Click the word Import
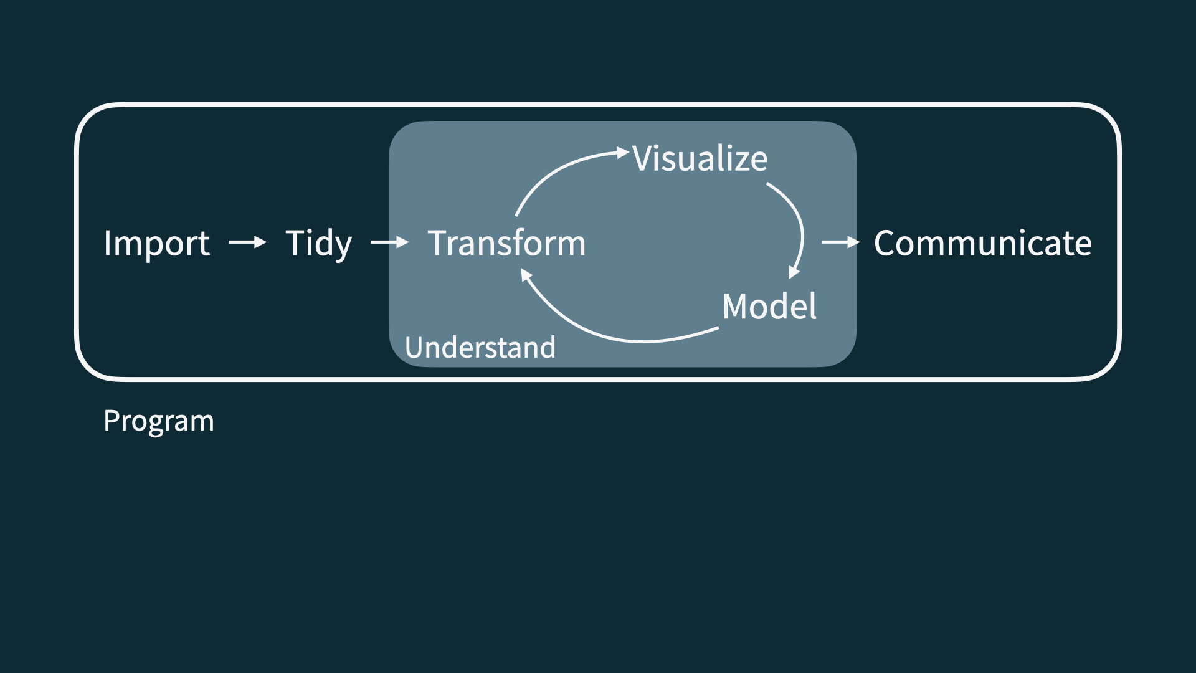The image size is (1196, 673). [156, 243]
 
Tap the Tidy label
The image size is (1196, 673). [318, 243]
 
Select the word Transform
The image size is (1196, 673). [506, 243]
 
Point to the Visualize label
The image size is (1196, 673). [700, 158]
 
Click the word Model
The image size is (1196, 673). [769, 306]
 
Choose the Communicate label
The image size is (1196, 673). [982, 243]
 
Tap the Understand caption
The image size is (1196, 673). [480, 347]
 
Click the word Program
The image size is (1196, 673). [159, 421]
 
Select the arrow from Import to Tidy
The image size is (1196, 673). [247, 242]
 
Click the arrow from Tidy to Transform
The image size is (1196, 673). [389, 242]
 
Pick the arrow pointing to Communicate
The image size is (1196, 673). [840, 242]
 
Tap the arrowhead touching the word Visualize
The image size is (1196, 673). [622, 152]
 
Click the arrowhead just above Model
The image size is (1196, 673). [794, 272]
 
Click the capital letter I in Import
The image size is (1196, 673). [107, 243]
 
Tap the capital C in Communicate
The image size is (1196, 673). [886, 243]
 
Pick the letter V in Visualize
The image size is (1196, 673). [643, 158]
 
